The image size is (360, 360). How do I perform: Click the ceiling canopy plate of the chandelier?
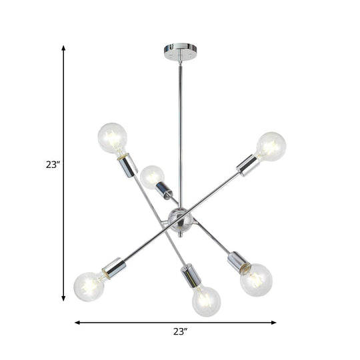point(180,50)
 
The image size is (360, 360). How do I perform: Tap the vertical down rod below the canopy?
point(180,120)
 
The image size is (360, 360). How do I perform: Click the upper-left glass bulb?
point(111,137)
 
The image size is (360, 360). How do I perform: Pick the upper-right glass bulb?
point(271,146)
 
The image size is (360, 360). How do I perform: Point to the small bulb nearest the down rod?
point(152,177)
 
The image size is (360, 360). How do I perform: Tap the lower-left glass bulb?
point(89,285)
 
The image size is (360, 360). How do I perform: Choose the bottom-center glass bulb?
point(206,301)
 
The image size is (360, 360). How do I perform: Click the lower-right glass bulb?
point(257,279)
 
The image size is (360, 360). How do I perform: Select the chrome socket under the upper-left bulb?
point(127,167)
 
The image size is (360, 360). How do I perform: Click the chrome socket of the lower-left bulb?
point(115,267)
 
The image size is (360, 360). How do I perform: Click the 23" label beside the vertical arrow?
point(53,165)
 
